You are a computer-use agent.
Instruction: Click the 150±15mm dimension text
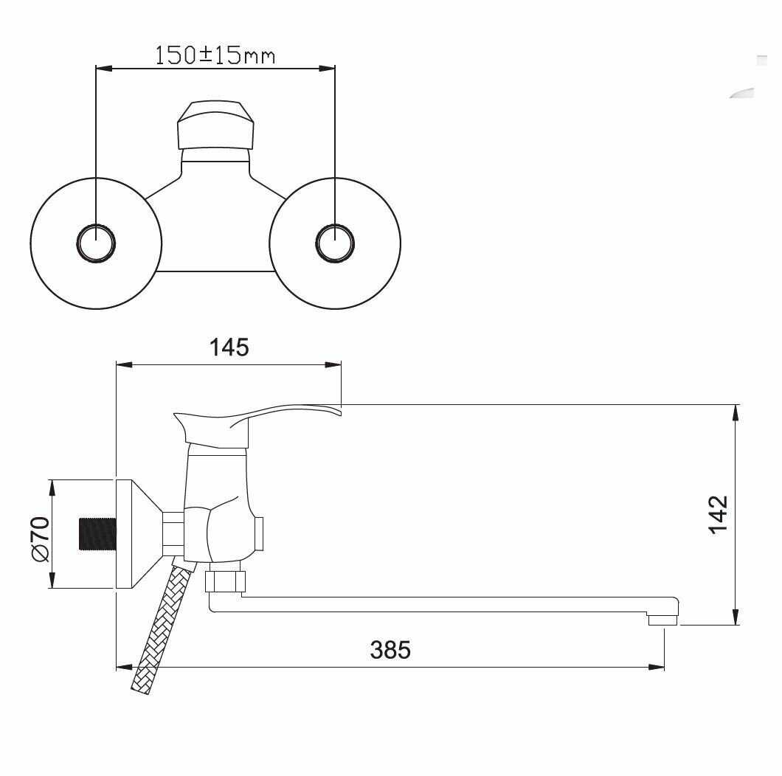pyautogui.click(x=215, y=55)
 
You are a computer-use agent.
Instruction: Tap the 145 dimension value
pyautogui.click(x=229, y=347)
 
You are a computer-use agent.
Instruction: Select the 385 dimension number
pyautogui.click(x=390, y=651)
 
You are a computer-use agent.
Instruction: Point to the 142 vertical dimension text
pyautogui.click(x=717, y=514)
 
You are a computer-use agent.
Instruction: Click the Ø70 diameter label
pyautogui.click(x=40, y=538)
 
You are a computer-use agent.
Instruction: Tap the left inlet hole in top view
pyautogui.click(x=97, y=243)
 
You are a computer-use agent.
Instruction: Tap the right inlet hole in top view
pyautogui.click(x=335, y=243)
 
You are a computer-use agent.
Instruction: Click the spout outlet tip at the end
pyautogui.click(x=662, y=621)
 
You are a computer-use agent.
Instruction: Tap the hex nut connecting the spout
pyautogui.click(x=224, y=581)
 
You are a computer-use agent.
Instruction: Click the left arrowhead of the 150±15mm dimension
pyautogui.click(x=103, y=69)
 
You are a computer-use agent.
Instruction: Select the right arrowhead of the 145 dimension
pyautogui.click(x=336, y=364)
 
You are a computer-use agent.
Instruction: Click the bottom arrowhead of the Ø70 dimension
pyautogui.click(x=52, y=583)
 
